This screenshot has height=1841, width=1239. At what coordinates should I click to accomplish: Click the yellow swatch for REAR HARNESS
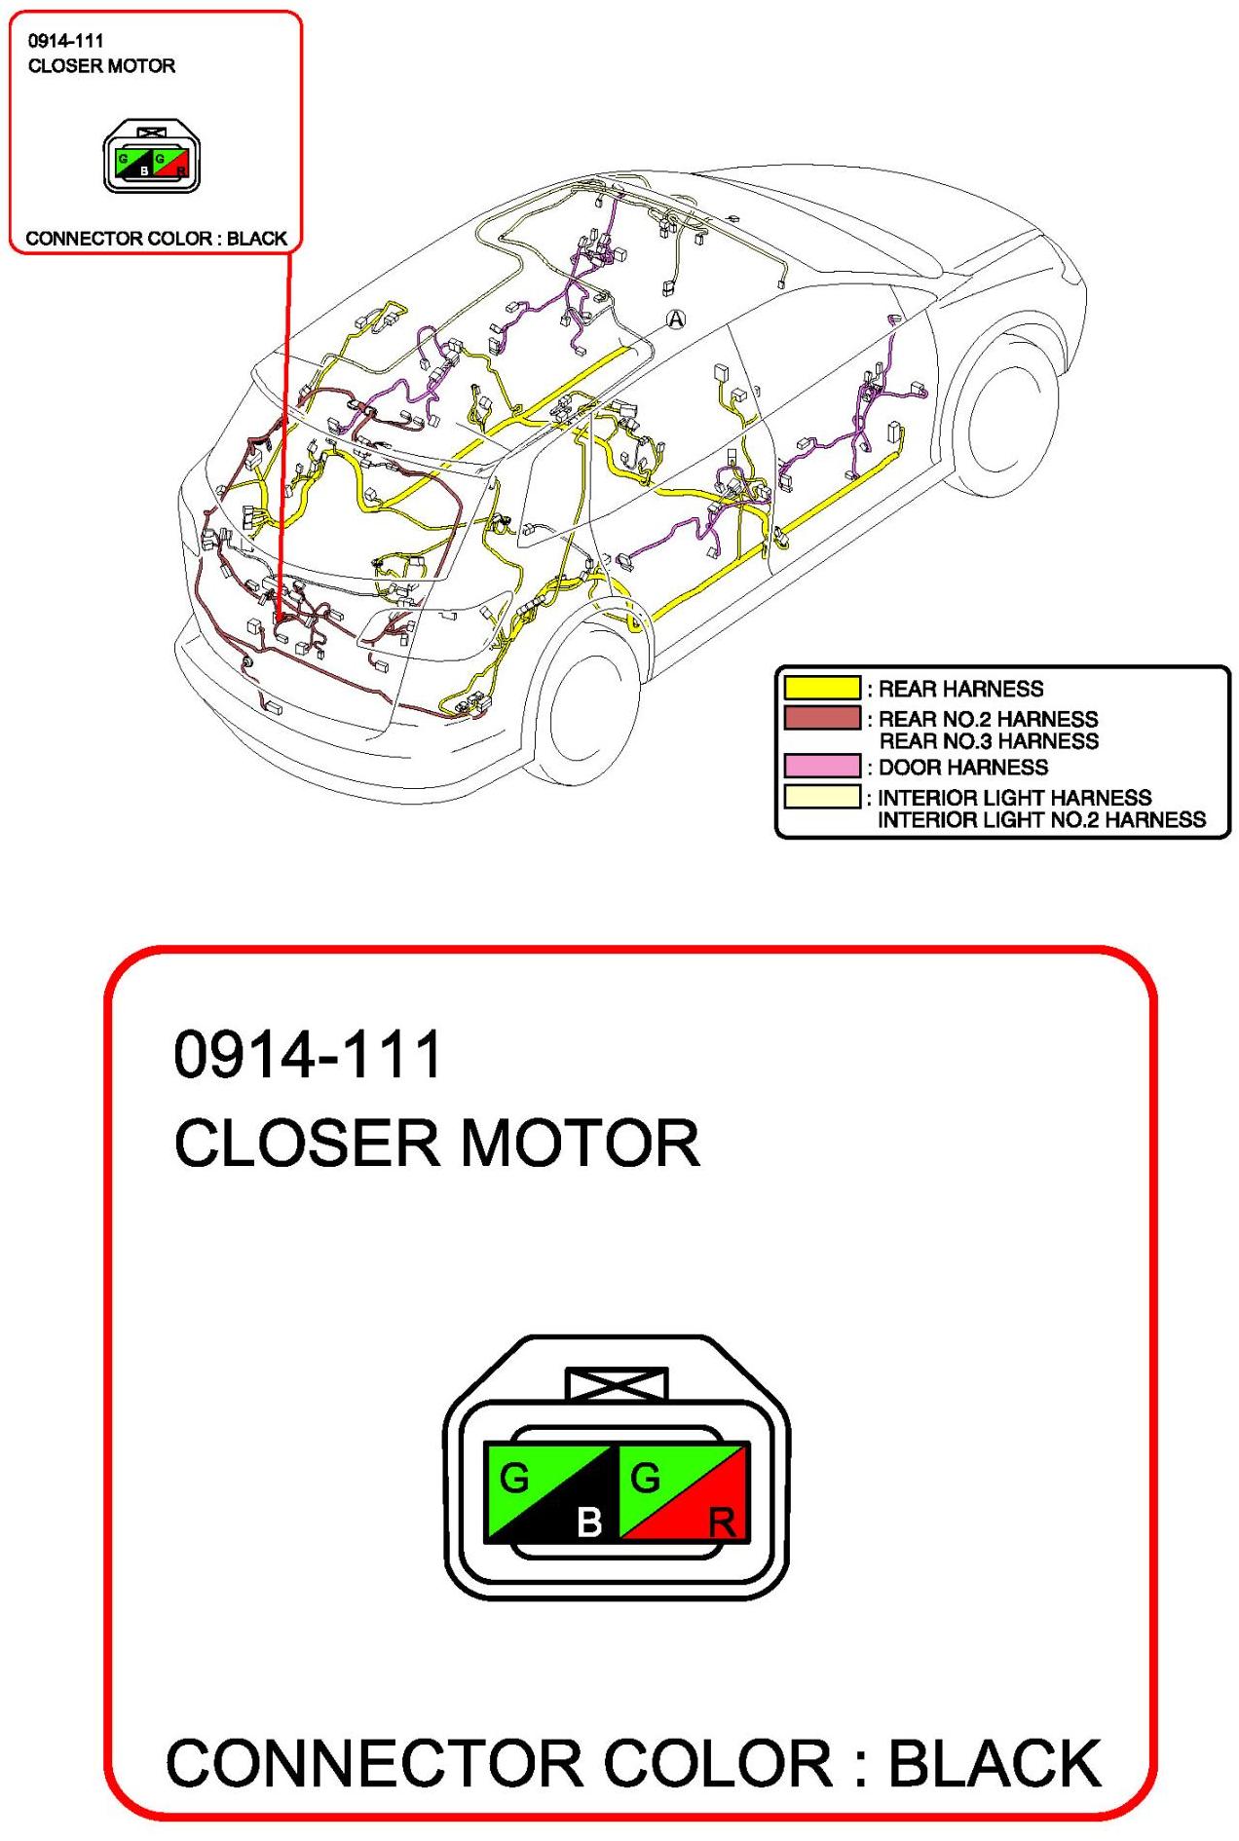(x=822, y=688)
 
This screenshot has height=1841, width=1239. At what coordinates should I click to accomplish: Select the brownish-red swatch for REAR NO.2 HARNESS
(x=822, y=718)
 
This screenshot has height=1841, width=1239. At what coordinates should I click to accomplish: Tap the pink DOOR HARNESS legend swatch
(x=822, y=766)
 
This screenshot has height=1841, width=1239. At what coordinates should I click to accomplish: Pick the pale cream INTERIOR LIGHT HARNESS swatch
(x=822, y=797)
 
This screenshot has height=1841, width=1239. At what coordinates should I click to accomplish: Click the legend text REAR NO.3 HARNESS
(x=989, y=741)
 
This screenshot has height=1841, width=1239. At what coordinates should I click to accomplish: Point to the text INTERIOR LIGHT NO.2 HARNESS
(x=1041, y=820)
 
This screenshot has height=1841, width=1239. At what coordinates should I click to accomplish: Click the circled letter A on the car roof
(x=675, y=319)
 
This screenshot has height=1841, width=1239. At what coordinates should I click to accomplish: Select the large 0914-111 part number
(x=308, y=1054)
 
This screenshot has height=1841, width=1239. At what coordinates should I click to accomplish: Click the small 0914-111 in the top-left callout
(x=65, y=41)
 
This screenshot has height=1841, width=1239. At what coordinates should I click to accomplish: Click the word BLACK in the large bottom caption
(x=995, y=1763)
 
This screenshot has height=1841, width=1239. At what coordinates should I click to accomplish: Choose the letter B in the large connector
(x=589, y=1521)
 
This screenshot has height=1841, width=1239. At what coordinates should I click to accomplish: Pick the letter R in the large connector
(x=722, y=1522)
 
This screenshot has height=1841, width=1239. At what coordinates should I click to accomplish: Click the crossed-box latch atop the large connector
(x=617, y=1384)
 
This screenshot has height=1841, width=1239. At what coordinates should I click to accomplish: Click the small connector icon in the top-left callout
(x=151, y=157)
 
